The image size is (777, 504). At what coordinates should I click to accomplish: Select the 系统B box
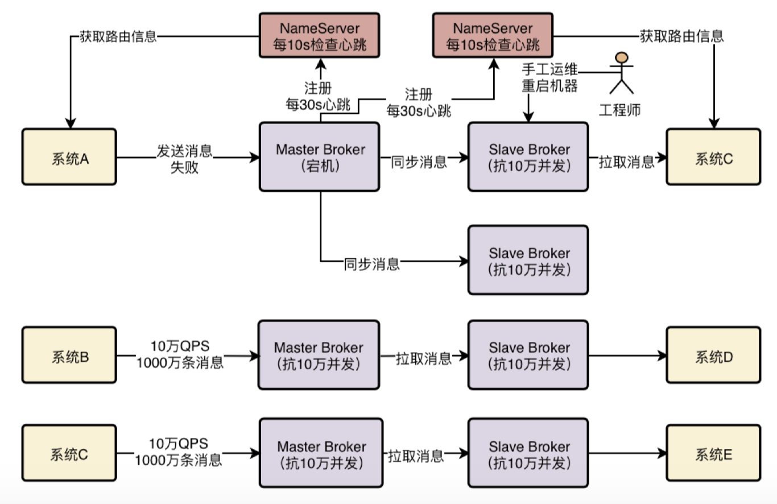point(69,357)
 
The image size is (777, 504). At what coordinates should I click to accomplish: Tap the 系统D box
point(713,357)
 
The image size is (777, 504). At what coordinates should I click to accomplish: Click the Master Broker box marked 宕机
point(319,156)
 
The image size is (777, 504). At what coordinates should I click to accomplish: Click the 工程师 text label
point(619,110)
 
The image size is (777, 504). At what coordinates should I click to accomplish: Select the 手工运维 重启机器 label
point(550,78)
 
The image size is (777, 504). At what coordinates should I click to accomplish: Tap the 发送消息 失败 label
point(185,159)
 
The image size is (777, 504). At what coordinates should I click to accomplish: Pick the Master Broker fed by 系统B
point(319,355)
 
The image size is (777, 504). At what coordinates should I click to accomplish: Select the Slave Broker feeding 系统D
point(528,355)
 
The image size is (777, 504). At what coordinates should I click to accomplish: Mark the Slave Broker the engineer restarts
point(528,156)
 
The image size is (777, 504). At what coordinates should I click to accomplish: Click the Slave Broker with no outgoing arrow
point(528,260)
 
